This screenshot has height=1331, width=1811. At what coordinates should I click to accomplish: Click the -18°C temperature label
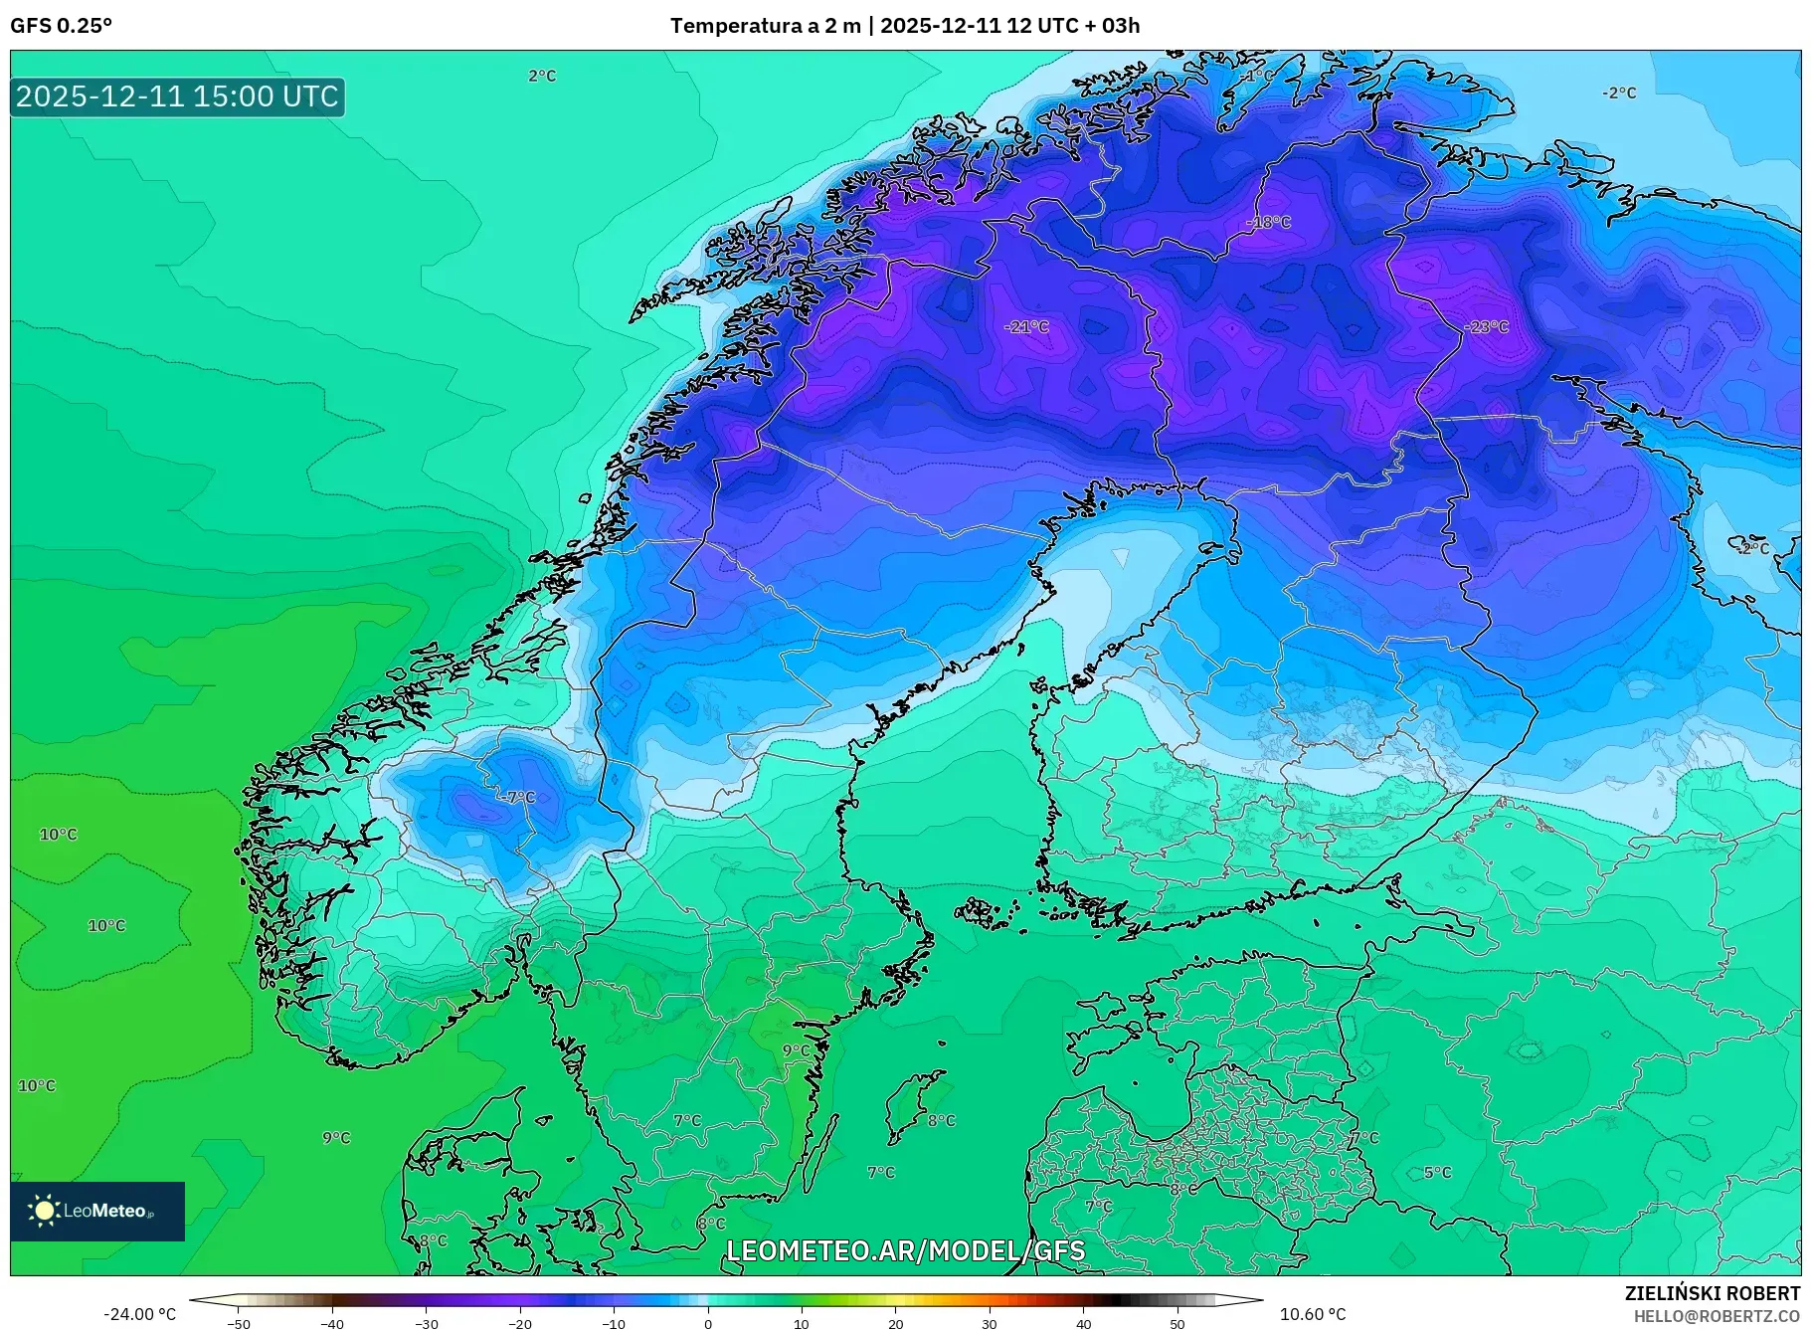point(1268,222)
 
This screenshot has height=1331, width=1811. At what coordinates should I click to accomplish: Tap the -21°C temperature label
point(1026,326)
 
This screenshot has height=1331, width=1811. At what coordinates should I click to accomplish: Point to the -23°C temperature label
point(1486,326)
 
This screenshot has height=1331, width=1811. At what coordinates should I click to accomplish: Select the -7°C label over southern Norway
point(516,797)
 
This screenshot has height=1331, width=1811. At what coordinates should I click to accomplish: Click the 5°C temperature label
point(1437,1172)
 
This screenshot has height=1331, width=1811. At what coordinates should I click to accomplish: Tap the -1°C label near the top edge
point(1255,75)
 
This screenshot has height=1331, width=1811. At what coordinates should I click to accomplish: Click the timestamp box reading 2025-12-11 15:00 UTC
point(177,96)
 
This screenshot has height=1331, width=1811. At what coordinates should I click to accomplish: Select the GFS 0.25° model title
point(61,25)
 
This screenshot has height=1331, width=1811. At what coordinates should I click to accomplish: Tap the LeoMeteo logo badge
point(97,1211)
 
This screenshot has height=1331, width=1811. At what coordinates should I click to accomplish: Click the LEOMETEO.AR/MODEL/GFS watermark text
point(905,1250)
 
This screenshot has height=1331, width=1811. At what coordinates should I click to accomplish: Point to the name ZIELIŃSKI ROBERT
point(1712,1293)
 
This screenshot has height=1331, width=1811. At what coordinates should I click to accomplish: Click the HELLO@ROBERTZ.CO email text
point(1717,1316)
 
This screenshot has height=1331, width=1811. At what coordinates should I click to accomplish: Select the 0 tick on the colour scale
point(708,1323)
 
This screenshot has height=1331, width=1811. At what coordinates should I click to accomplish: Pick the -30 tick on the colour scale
point(426,1323)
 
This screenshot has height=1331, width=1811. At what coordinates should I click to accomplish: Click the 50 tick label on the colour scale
point(1177,1323)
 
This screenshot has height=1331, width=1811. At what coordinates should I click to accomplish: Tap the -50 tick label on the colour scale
point(238,1323)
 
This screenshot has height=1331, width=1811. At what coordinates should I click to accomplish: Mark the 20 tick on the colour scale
point(896,1323)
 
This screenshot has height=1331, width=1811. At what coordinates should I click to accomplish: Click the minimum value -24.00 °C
point(139,1314)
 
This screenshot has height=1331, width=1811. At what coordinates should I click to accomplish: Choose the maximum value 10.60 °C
point(1312,1314)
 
